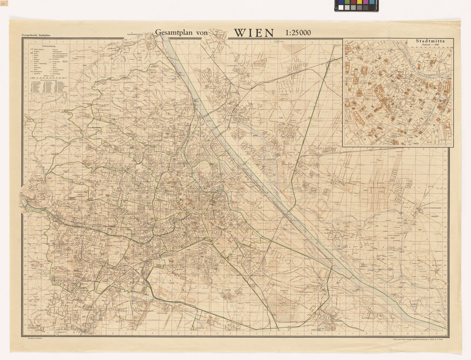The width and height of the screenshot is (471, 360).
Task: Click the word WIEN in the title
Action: pyautogui.click(x=254, y=33)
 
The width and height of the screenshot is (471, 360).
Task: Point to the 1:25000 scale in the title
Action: pyautogui.click(x=298, y=33)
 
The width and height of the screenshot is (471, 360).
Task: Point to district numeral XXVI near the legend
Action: pyautogui.click(x=85, y=65)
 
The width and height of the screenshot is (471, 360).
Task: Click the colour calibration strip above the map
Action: pyautogui.click(x=356, y=6)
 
